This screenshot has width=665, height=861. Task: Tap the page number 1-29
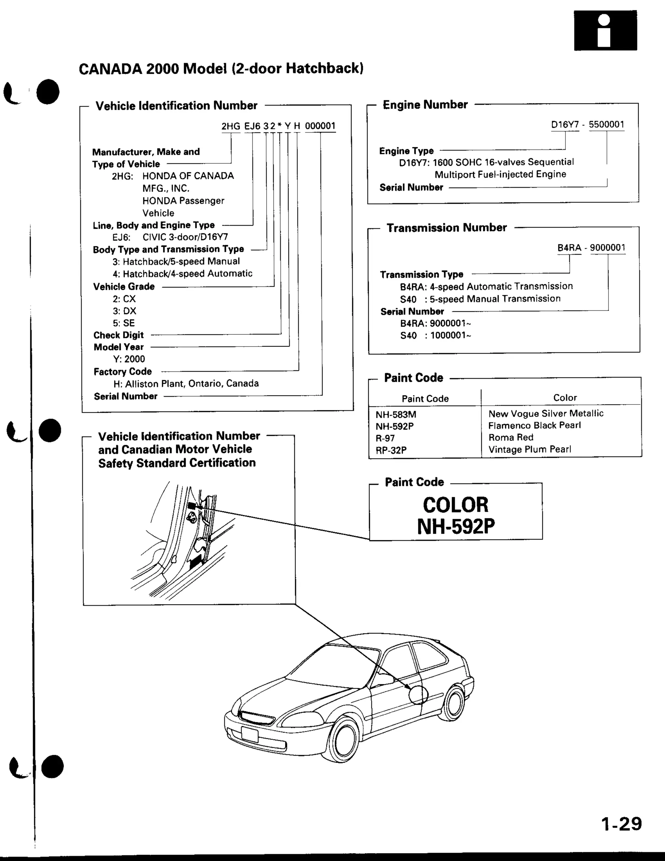621,824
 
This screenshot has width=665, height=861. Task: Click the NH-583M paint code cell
395,414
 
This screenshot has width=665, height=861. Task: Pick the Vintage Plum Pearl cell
530,449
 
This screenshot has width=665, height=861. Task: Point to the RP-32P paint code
391,450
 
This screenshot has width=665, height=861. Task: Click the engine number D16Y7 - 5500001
587,124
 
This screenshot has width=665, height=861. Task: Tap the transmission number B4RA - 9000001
591,248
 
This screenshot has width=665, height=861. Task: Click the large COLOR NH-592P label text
456,515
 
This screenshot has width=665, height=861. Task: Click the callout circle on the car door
418,695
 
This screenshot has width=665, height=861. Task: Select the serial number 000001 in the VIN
320,126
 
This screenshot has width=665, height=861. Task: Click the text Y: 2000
129,359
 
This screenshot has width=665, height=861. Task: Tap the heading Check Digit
119,335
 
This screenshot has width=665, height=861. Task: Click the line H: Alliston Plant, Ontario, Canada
186,384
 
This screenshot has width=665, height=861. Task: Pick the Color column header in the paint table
565,398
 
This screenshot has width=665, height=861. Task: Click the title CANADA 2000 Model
220,69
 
